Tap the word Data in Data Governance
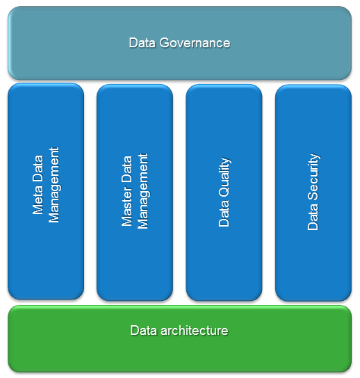[x=142, y=43]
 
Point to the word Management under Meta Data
[x=55, y=185]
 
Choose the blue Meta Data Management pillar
[x=46, y=264]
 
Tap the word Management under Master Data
[x=144, y=192]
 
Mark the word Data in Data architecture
[x=142, y=330]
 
